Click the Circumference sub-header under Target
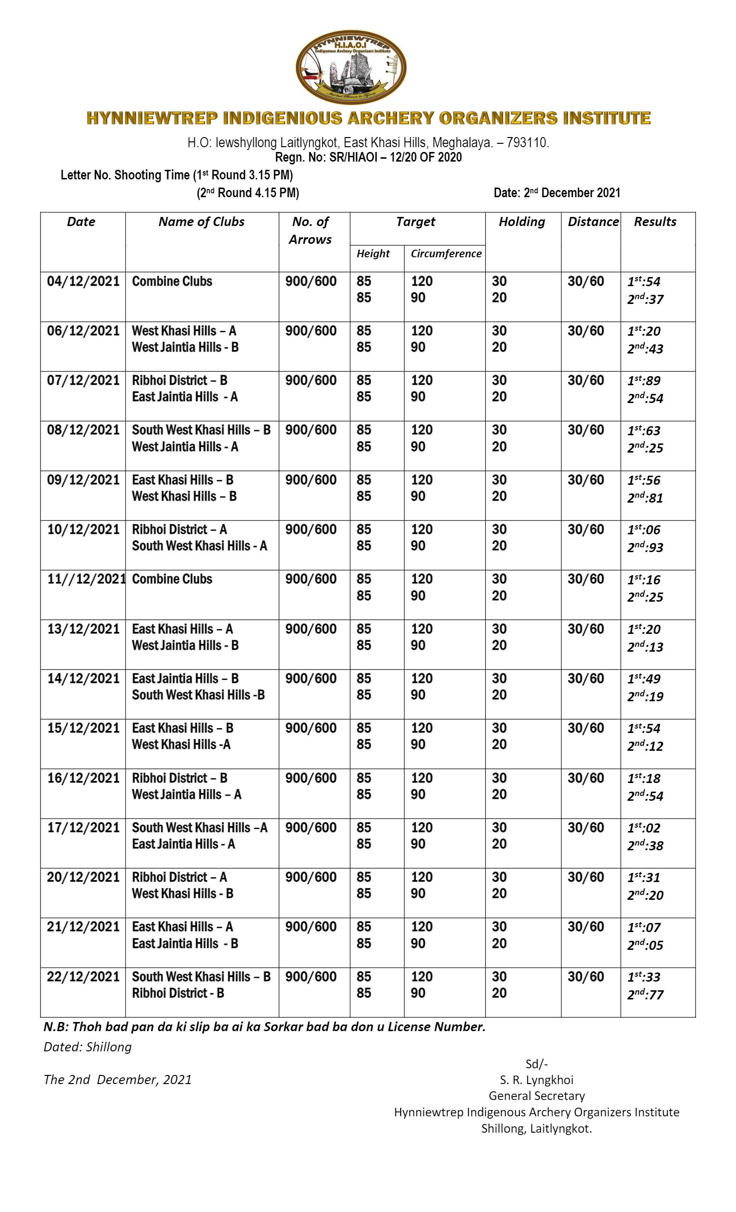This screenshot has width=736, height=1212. (x=446, y=253)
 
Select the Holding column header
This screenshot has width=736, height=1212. (x=521, y=222)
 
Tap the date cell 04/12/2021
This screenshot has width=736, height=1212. (x=83, y=281)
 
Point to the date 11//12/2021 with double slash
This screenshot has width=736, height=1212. (x=86, y=579)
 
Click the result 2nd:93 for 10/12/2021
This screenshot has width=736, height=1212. (x=645, y=547)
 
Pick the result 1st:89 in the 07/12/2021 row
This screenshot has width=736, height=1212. (x=644, y=381)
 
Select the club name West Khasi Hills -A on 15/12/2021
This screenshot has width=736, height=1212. (x=180, y=745)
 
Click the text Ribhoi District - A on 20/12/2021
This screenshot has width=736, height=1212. (x=179, y=877)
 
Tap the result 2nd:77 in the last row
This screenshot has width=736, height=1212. (x=645, y=995)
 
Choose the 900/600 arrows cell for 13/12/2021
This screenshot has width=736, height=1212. (x=310, y=629)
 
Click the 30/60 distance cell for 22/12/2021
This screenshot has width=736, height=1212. (x=585, y=976)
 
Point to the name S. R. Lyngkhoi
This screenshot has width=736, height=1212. (x=536, y=1080)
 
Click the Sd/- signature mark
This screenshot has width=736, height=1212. (x=536, y=1064)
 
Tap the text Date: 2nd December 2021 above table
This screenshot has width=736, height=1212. (x=557, y=193)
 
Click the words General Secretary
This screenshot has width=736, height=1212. (x=536, y=1096)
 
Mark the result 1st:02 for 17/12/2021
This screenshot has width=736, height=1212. (x=644, y=828)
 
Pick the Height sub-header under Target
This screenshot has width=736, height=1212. (x=373, y=253)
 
